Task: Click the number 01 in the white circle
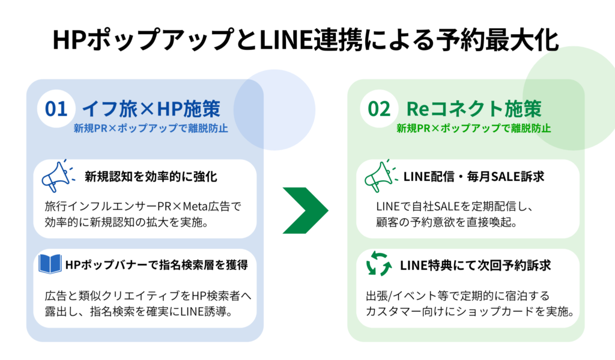click(x=56, y=109)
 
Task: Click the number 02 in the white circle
click(x=379, y=109)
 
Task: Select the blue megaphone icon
click(x=57, y=177)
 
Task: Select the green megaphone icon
click(x=379, y=177)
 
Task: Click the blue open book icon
click(x=50, y=264)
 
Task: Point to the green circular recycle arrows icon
click(x=379, y=265)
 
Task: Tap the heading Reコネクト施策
click(x=474, y=109)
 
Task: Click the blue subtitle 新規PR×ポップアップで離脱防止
click(x=151, y=129)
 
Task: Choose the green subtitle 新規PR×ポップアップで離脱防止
click(x=474, y=129)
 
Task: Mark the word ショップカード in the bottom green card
click(x=494, y=313)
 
